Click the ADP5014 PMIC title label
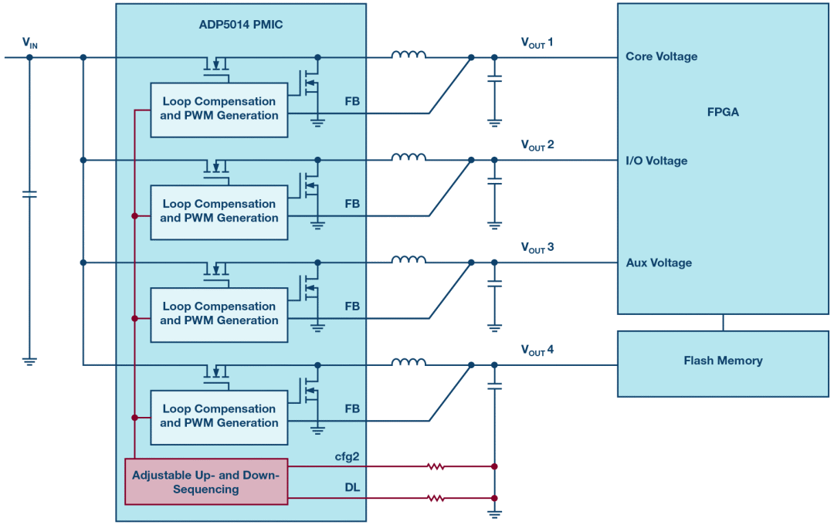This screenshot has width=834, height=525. pos(240,25)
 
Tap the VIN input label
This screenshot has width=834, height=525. pos(29,43)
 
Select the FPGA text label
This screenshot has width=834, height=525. pos(723,112)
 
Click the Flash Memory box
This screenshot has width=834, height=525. pos(723,361)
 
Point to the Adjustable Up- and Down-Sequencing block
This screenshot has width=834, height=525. pos(206,482)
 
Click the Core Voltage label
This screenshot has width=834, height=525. pos(661,56)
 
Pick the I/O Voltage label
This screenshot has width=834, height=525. pos(656,161)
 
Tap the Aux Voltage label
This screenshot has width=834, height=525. pos(659,263)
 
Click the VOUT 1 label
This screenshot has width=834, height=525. pos(537,42)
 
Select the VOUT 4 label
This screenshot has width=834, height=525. pos(537,351)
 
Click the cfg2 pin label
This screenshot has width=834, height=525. pos(347,457)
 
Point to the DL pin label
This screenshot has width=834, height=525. pos(351,488)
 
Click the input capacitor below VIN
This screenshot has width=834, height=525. pos(29,194)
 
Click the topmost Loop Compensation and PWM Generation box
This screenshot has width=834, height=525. pos(219,109)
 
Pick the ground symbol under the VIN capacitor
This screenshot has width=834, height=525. pos(29,361)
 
